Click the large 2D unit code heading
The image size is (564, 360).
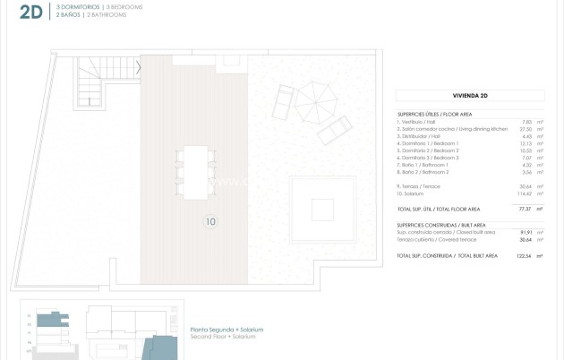pos(30,12)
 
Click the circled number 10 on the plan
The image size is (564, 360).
pos(209,222)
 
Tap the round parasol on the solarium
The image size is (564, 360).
pos(313,95)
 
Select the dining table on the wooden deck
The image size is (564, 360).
pos(196,171)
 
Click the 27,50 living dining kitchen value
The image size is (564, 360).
pos(526,129)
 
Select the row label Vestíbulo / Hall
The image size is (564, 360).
pos(419,122)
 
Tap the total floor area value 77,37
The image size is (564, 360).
pos(526,209)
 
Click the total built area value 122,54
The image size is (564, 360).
pos(525,255)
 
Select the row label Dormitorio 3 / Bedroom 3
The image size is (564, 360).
pos(430,158)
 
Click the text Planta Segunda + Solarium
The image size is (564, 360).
pos(226,329)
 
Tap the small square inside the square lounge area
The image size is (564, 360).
pos(322,209)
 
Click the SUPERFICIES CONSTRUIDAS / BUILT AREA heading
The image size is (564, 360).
pos(441,225)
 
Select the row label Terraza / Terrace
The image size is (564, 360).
pos(418,186)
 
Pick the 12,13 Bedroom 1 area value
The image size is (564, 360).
pos(526,143)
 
